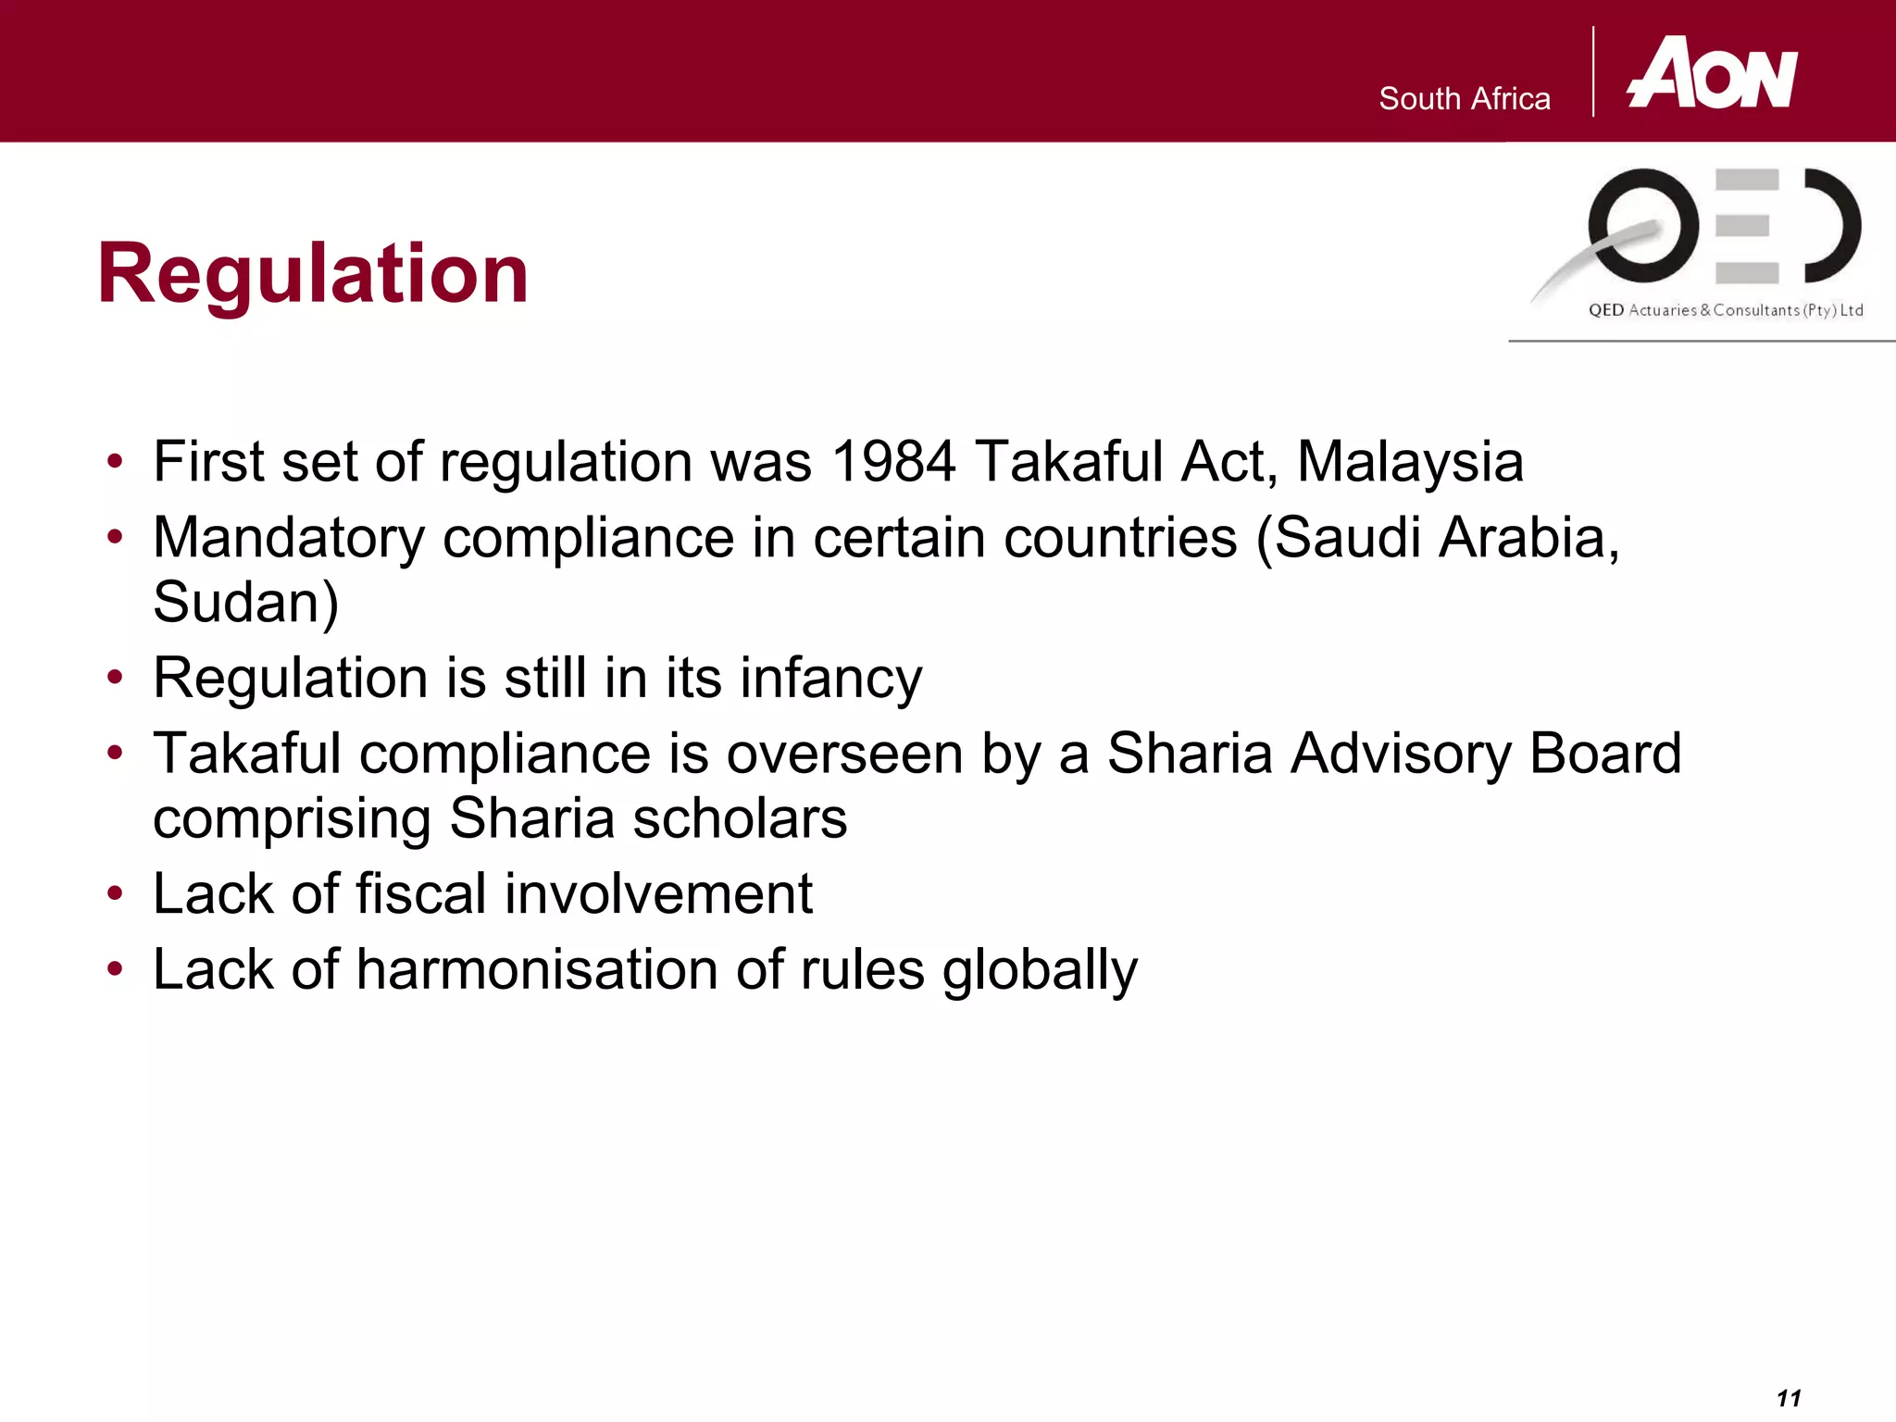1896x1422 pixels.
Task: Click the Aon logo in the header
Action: point(1713,74)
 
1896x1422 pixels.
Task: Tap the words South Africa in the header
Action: point(1464,99)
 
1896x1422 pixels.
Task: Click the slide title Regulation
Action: point(313,273)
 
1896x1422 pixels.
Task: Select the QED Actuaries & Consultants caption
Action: point(1726,310)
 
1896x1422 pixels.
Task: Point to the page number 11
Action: point(1789,1398)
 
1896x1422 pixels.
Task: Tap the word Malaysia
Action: point(1410,461)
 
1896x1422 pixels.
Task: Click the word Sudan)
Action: point(246,603)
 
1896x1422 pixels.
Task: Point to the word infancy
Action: point(830,679)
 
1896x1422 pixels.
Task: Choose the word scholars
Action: point(740,818)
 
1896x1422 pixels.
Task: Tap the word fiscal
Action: point(421,894)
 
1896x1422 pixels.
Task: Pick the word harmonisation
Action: point(537,970)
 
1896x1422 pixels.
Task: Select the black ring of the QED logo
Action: point(1643,225)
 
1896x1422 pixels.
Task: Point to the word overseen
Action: point(844,754)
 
